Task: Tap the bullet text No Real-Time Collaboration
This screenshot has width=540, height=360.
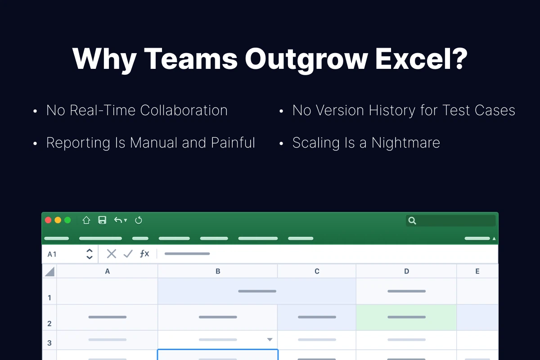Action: (x=137, y=110)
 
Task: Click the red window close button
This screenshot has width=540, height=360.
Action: (x=48, y=220)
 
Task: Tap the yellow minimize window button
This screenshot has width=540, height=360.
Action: (x=58, y=220)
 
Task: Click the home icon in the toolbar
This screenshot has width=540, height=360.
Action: (x=86, y=220)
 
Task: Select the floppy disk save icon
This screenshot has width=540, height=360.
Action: (x=102, y=220)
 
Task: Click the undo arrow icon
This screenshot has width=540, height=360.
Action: (x=118, y=220)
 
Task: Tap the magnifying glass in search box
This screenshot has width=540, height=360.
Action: (x=412, y=220)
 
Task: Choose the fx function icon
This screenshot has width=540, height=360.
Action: (x=144, y=254)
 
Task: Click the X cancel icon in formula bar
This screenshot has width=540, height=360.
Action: (x=111, y=254)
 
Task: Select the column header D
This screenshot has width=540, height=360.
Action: (x=406, y=271)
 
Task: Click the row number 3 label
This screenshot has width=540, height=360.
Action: (x=49, y=343)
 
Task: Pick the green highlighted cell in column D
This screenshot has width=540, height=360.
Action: (x=406, y=317)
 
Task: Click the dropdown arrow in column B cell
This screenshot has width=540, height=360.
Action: (x=270, y=340)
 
